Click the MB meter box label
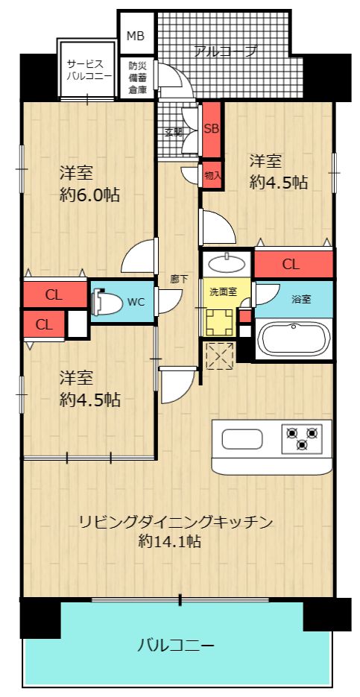(x=135, y=36)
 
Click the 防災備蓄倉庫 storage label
(x=136, y=78)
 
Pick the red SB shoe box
(x=212, y=127)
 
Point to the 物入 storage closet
(x=212, y=176)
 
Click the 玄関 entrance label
(x=173, y=133)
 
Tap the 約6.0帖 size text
(x=89, y=196)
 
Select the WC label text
(x=136, y=302)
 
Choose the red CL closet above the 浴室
(x=291, y=264)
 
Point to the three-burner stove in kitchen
(x=302, y=438)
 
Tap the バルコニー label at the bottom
(x=176, y=645)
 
